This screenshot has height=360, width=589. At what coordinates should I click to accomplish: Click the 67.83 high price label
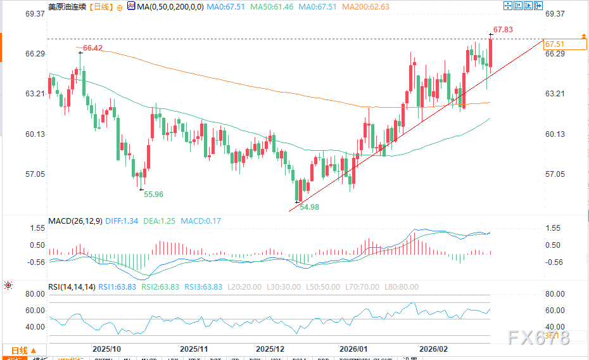pos(503,30)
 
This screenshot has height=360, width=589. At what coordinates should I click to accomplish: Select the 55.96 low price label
pos(153,194)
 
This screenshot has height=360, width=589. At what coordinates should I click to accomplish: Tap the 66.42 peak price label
pos(92,48)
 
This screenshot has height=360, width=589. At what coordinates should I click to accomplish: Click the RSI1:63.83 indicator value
pos(117,287)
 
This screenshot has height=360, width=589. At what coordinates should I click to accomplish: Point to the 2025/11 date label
pos(194,349)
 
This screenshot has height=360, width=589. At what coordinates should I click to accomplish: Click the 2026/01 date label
pos(353,349)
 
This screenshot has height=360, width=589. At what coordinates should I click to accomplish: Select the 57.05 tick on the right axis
pos(554,174)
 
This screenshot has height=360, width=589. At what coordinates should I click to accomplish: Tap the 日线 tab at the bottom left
pos(20,350)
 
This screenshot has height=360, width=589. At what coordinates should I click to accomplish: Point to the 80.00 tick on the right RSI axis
pos(554,294)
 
